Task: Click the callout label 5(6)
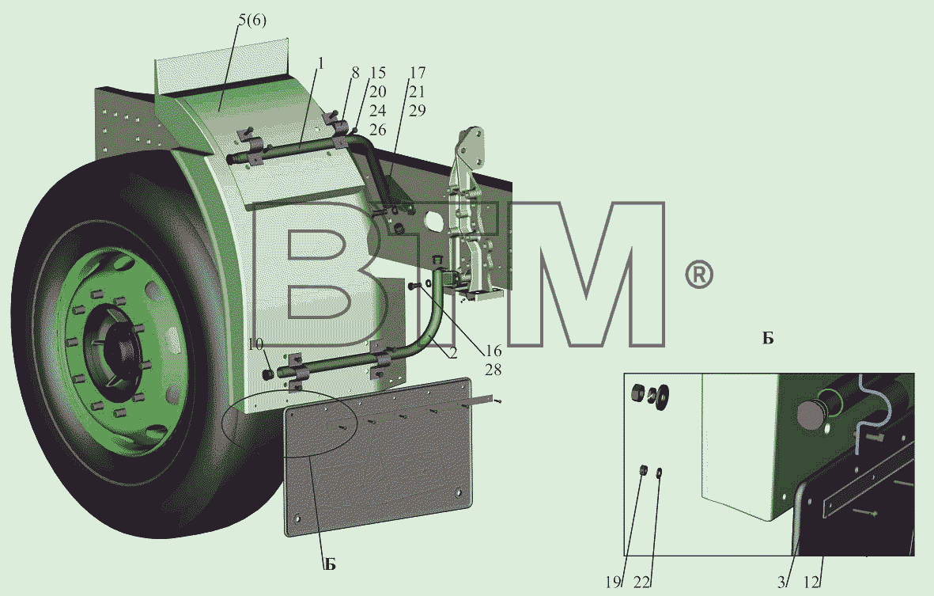tap(252, 21)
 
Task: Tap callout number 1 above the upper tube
tap(320, 63)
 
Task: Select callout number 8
tap(356, 73)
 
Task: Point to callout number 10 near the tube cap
tap(255, 344)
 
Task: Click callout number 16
tap(493, 351)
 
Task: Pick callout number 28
tap(493, 370)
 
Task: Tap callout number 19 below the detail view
tap(614, 583)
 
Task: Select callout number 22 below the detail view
tap(641, 583)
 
